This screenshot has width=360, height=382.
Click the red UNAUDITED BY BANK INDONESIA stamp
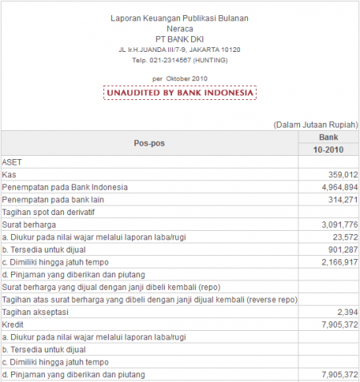point(180,93)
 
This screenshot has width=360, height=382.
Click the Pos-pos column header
point(149,143)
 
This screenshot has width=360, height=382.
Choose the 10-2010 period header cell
point(329,149)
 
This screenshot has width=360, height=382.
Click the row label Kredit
point(14,324)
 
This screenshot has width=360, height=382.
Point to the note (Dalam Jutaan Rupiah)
point(315,125)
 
